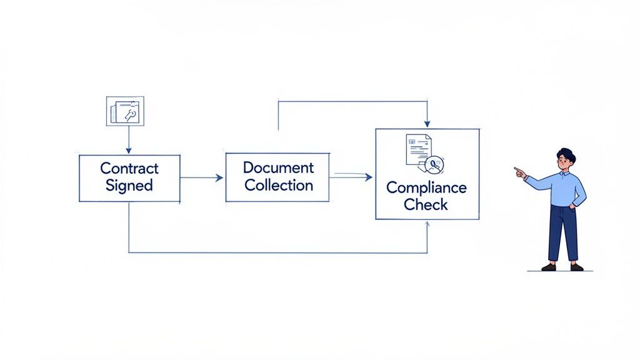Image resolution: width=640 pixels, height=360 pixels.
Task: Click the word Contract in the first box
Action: (x=129, y=168)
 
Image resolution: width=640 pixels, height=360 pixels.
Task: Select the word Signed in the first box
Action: (x=129, y=185)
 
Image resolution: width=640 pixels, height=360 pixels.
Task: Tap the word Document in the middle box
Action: (x=278, y=167)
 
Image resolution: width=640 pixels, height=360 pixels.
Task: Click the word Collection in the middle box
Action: (x=278, y=185)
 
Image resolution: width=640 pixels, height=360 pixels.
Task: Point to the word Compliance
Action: (x=426, y=187)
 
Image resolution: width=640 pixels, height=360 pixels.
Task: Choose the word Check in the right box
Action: (x=426, y=204)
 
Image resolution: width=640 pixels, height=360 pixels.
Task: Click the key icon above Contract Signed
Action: (x=129, y=113)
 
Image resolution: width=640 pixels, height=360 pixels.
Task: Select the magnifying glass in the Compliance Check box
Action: (x=433, y=164)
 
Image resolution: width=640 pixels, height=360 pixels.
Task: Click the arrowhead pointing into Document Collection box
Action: (x=219, y=178)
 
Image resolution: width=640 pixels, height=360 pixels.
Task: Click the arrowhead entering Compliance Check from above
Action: (x=427, y=124)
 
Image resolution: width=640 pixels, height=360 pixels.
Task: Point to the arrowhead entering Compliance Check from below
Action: (x=427, y=224)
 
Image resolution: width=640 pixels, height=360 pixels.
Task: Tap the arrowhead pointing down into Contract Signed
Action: (x=129, y=151)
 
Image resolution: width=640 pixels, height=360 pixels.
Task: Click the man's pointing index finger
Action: (x=517, y=169)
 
